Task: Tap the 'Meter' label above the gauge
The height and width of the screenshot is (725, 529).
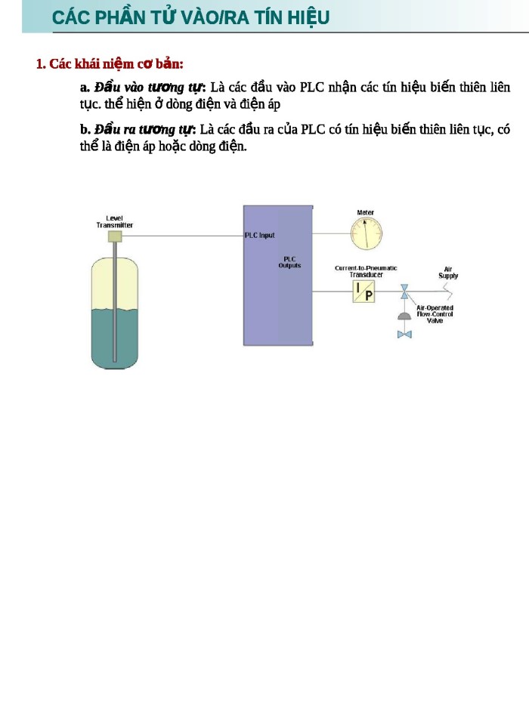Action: [366, 213]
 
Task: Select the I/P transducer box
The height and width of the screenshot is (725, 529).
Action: [363, 291]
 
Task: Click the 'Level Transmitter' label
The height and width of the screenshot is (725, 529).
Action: [115, 221]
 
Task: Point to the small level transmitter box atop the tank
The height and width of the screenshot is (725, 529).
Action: [115, 236]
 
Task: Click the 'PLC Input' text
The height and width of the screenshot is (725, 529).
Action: [260, 236]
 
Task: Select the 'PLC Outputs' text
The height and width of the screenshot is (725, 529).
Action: [289, 262]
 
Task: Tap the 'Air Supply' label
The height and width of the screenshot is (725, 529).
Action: [448, 273]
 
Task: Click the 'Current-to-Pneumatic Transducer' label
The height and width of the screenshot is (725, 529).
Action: [366, 271]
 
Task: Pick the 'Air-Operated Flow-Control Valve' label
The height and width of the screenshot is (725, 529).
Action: [435, 314]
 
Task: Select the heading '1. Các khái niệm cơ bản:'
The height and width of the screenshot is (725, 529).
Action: [110, 63]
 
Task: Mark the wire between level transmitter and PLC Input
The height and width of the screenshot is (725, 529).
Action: [181, 236]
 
